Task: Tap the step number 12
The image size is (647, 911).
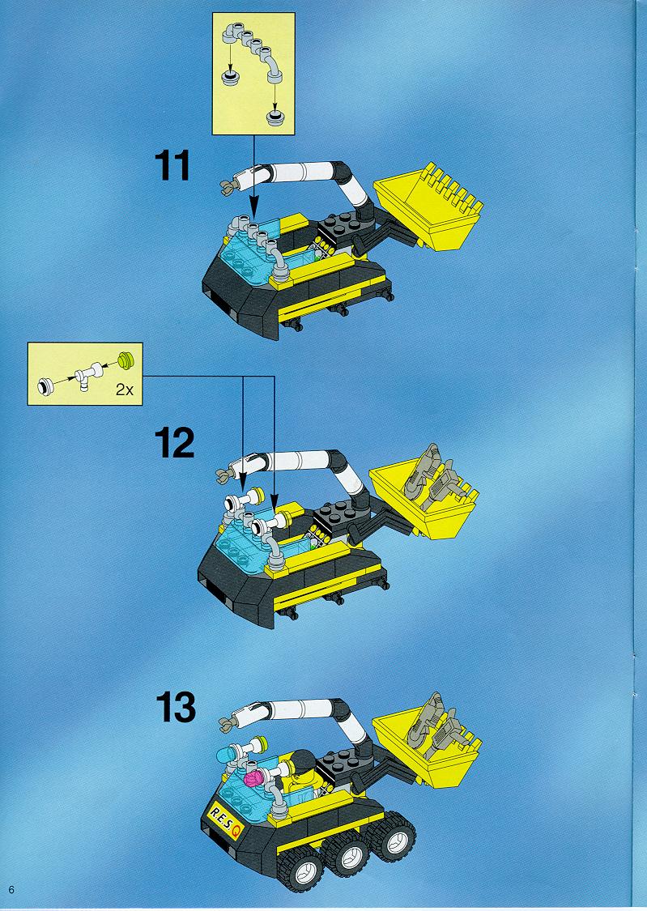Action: point(174,443)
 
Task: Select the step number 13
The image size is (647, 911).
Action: point(176,707)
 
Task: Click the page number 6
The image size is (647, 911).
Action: point(11,889)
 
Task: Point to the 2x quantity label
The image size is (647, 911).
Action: point(124,390)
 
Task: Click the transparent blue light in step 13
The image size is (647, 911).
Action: point(225,754)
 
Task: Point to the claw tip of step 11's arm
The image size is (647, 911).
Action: point(227,185)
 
